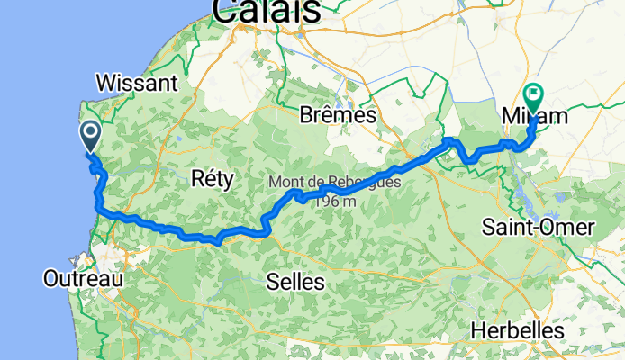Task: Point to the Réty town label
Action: coord(213,179)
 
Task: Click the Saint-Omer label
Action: coord(539,227)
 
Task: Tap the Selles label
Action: coord(295,282)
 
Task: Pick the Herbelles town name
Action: coord(517,330)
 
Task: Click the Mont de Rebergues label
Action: coord(334,183)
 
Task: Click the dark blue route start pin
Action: coord(91,137)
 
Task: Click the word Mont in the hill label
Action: coord(284,183)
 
